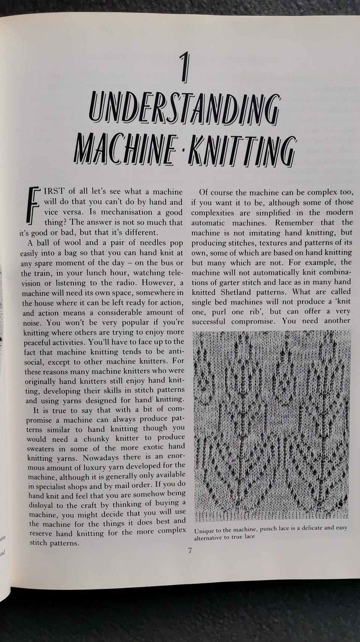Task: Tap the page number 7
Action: (190, 550)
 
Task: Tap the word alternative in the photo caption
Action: (209, 538)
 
